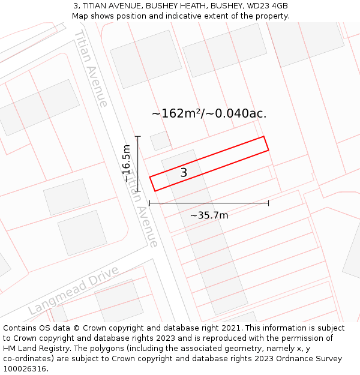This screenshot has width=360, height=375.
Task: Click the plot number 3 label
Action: tap(184, 173)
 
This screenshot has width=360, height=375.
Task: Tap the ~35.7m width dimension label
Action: tap(209, 215)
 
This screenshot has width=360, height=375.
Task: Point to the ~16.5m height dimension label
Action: tap(126, 163)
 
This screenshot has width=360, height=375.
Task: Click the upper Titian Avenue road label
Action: tap(91, 68)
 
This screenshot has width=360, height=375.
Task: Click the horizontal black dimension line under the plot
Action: tap(209, 203)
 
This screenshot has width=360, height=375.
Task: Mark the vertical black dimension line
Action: tap(138, 163)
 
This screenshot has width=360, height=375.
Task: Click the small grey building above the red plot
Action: tap(160, 141)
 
